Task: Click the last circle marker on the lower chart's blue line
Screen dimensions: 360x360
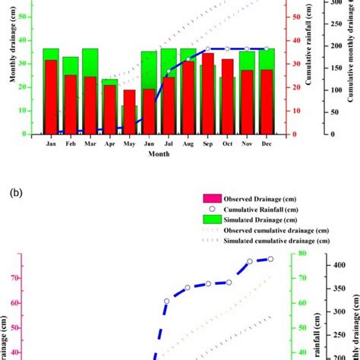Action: tap(270, 259)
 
